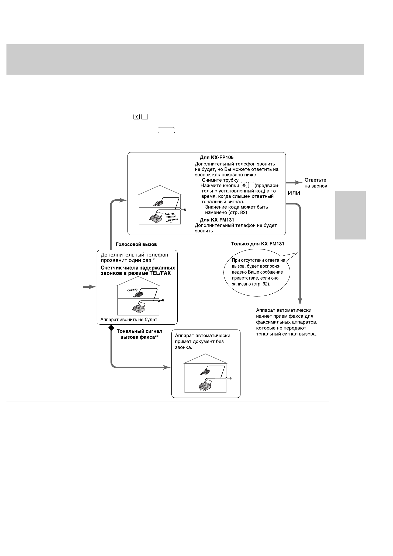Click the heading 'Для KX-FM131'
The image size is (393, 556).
point(217,220)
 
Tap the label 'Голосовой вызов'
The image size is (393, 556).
point(136,244)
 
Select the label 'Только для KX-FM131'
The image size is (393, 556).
point(257,244)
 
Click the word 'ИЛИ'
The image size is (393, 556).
point(294,193)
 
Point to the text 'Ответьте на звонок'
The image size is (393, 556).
point(316,183)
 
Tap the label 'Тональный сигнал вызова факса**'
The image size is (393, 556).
point(139,334)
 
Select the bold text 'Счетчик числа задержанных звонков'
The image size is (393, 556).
point(138,270)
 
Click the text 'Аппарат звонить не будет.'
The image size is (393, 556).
point(129,320)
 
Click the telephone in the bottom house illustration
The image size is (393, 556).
point(206,372)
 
